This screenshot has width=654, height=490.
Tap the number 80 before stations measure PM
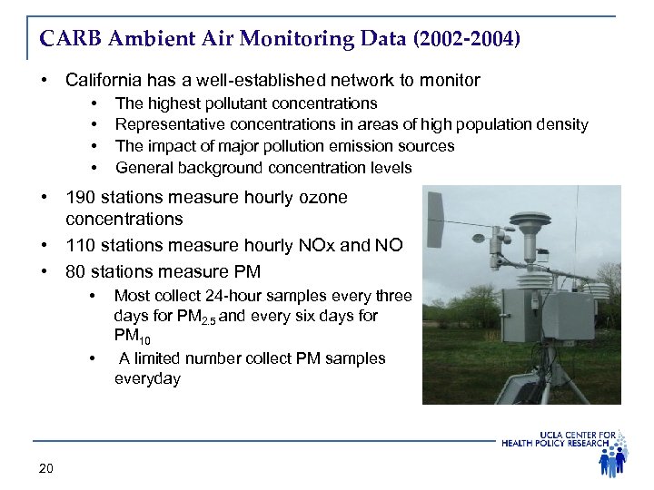tap(75, 271)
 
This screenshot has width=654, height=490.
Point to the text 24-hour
tap(233, 295)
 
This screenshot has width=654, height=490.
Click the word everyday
tap(147, 378)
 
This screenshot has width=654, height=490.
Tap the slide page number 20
tap(46, 468)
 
